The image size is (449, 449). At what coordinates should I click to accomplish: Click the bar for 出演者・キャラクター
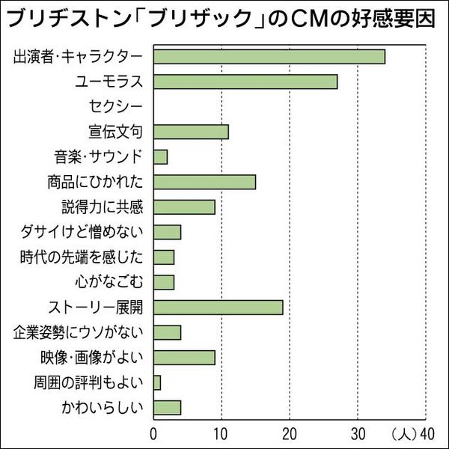pyautogui.click(x=269, y=56)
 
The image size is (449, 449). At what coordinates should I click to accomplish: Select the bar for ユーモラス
pyautogui.click(x=245, y=82)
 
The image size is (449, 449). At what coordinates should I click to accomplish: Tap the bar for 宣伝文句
pyautogui.click(x=191, y=132)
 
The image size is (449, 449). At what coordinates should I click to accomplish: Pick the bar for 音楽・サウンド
pyautogui.click(x=160, y=156)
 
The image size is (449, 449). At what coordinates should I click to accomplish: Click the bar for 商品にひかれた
pyautogui.click(x=204, y=182)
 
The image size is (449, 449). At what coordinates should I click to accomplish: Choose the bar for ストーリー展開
pyautogui.click(x=218, y=307)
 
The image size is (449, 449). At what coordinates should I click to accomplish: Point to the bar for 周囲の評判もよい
pyautogui.click(x=157, y=382)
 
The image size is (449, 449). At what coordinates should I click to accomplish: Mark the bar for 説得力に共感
pyautogui.click(x=184, y=207)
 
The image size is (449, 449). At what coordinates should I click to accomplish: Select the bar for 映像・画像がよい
pyautogui.click(x=184, y=357)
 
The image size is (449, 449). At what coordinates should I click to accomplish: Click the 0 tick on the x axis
pyautogui.click(x=153, y=433)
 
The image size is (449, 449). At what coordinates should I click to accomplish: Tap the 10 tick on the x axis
pyautogui.click(x=222, y=433)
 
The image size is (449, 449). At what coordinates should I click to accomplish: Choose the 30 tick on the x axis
pyautogui.click(x=358, y=433)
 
